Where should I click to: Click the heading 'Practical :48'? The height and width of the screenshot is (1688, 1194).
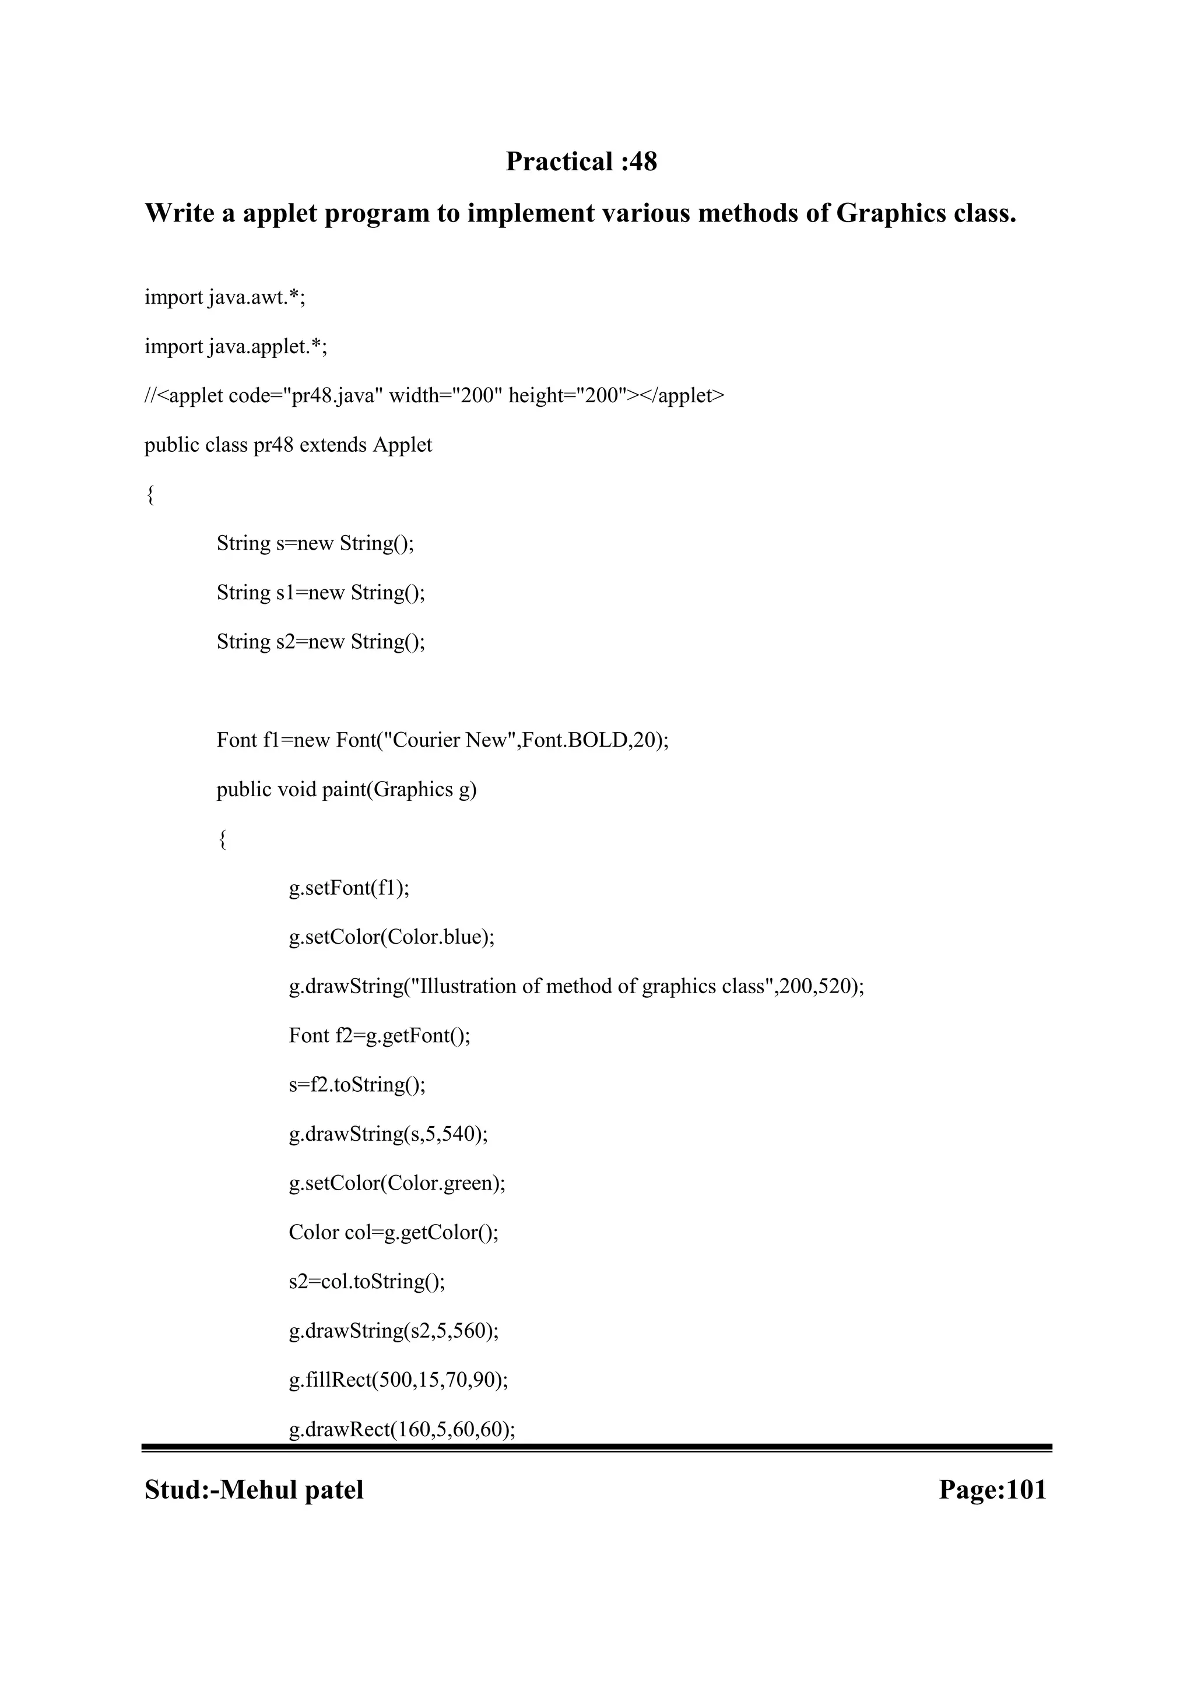[581, 161]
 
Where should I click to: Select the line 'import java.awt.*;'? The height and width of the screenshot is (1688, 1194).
[224, 298]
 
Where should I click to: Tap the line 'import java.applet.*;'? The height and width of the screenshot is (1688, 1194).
[236, 347]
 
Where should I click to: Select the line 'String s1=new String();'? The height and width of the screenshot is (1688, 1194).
[321, 593]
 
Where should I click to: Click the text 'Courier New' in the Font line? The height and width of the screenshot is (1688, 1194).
[450, 740]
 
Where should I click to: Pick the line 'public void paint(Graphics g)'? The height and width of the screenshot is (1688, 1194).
[346, 790]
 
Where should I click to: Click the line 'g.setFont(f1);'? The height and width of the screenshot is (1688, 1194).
[349, 889]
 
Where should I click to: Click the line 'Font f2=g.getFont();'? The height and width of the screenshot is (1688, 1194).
[380, 1036]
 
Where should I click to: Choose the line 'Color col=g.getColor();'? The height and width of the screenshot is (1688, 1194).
[394, 1233]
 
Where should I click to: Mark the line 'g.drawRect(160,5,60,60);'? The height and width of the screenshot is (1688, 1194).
[402, 1430]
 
